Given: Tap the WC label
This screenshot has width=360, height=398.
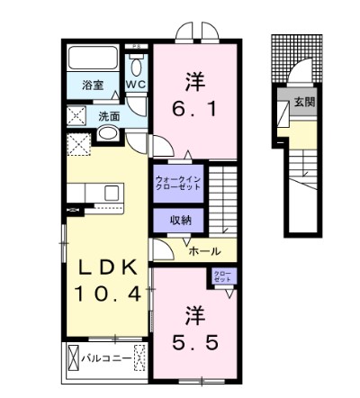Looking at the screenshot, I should tap(136, 84).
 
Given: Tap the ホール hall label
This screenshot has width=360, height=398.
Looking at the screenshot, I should tap(206, 253).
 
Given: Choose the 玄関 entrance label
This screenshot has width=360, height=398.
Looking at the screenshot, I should tap(303, 103).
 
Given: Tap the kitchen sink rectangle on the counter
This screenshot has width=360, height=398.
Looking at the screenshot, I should tap(113, 193).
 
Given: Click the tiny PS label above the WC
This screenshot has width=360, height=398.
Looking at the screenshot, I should tap(136, 45).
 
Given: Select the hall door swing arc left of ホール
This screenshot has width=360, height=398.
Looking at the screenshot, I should tap(159, 249).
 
